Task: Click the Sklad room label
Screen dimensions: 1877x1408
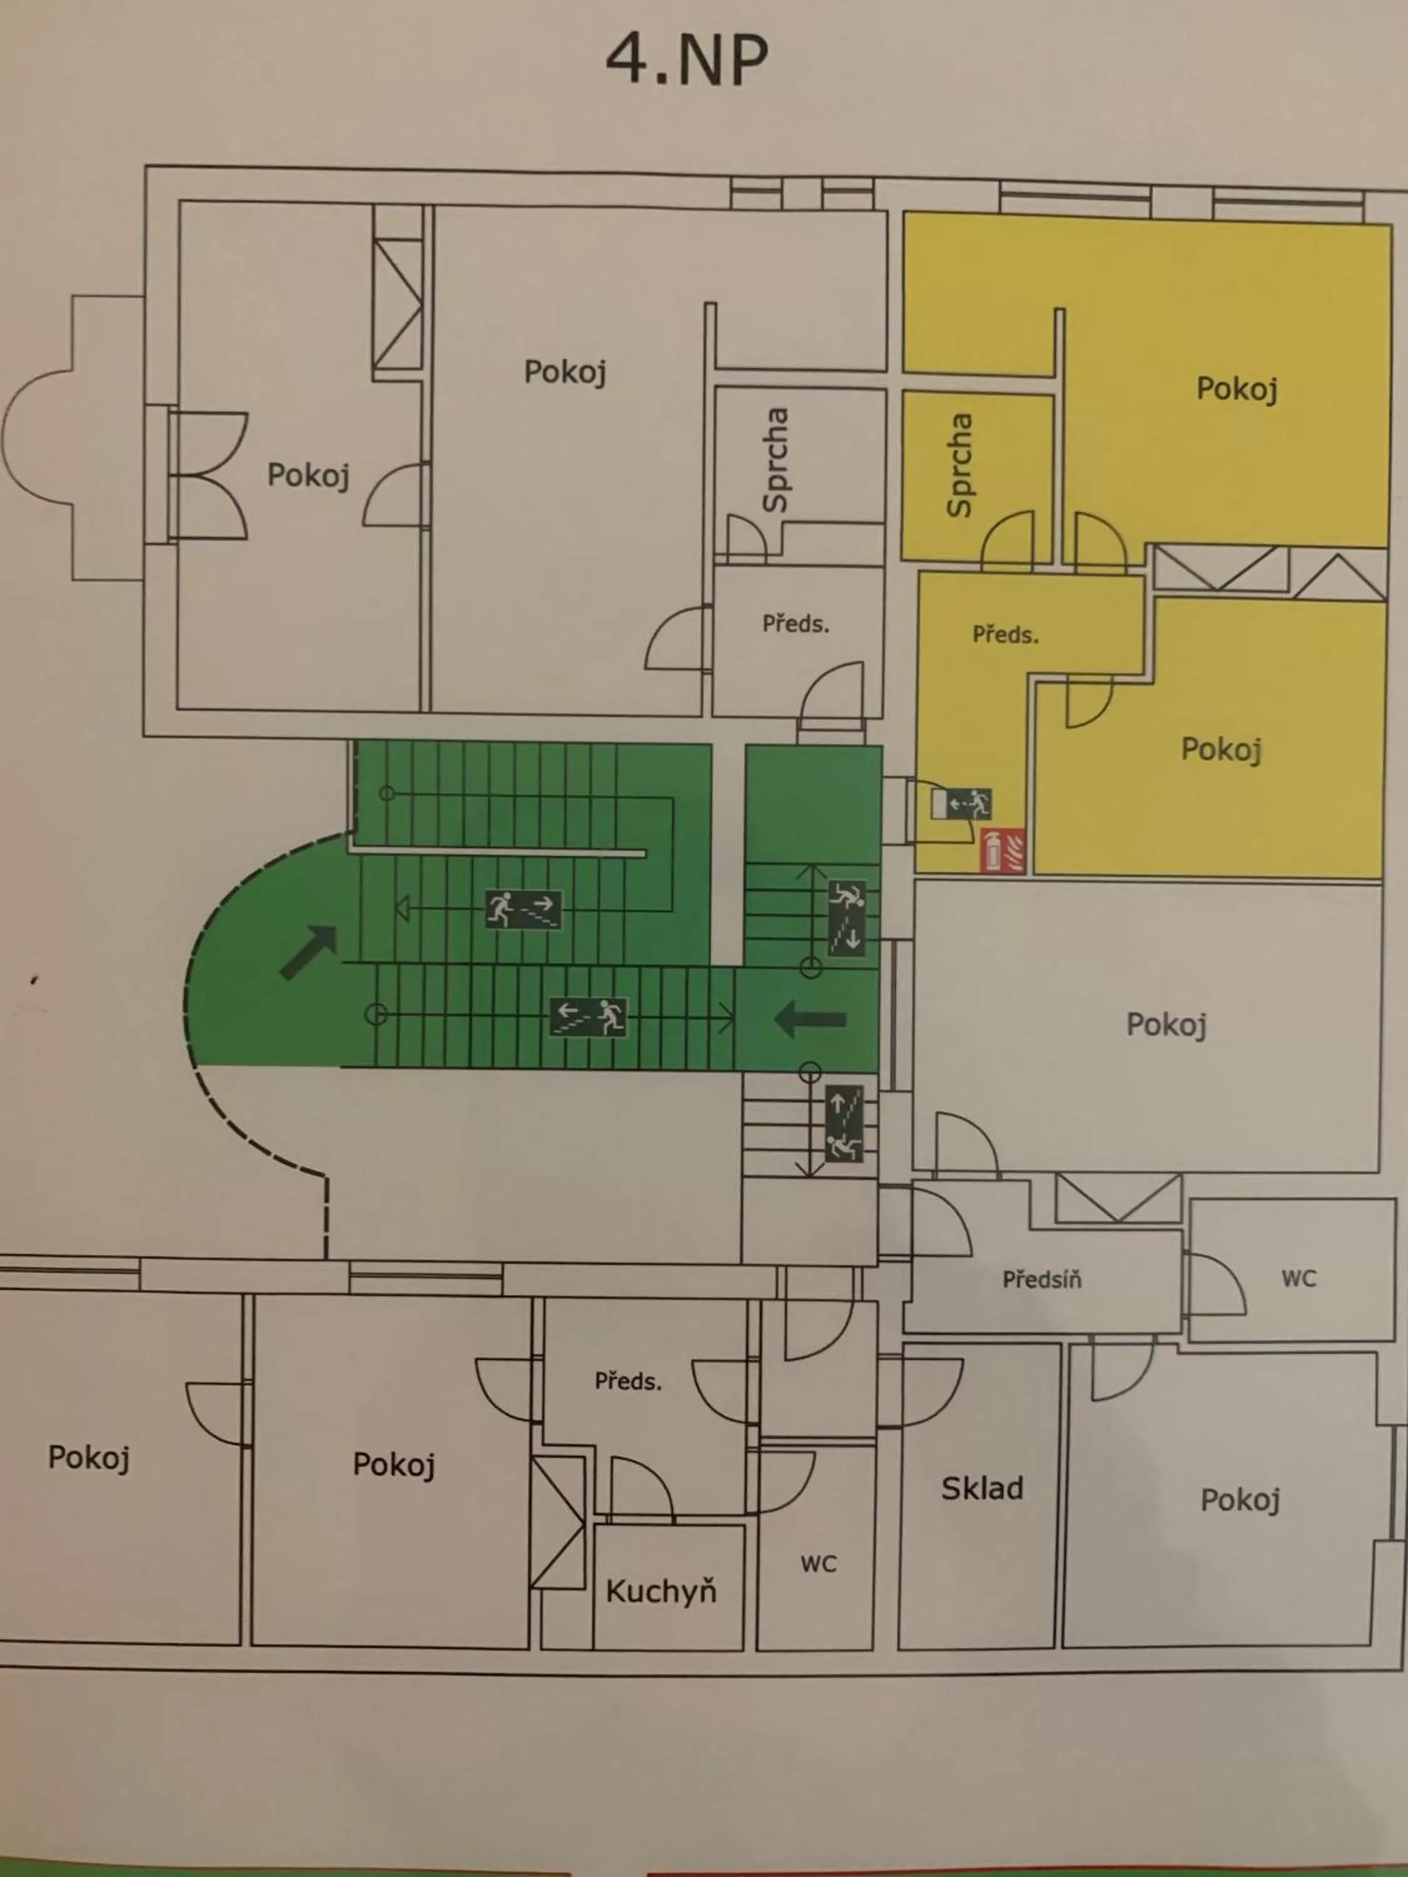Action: click(x=982, y=1488)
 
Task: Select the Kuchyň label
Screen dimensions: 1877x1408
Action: click(x=661, y=1591)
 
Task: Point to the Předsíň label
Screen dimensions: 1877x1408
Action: click(x=1041, y=1279)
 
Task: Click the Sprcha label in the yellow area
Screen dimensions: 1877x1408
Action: click(x=960, y=465)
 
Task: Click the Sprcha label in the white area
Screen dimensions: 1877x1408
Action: click(x=775, y=460)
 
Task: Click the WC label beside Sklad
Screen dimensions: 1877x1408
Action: click(x=818, y=1564)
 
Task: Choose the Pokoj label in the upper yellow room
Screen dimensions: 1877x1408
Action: click(x=1237, y=389)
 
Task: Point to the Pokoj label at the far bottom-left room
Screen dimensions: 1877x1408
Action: click(x=88, y=1458)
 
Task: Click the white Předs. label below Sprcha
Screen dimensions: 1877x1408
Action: click(x=795, y=624)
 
